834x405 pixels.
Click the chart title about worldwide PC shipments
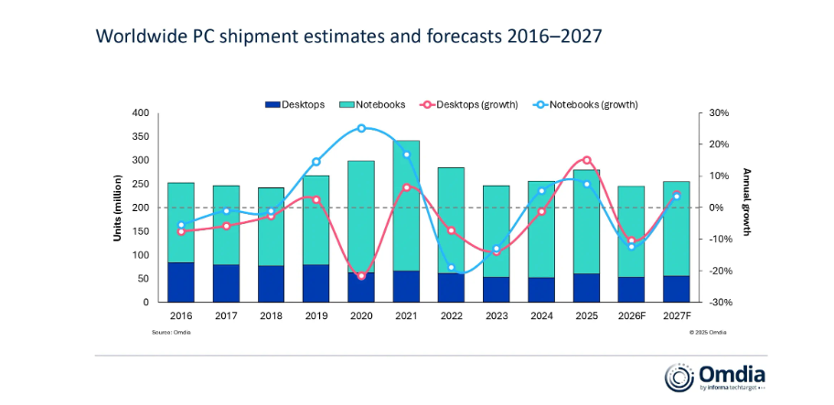(348, 37)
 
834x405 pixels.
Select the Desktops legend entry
(294, 104)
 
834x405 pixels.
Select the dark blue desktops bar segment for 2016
(181, 282)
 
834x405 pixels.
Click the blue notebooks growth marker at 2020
(361, 128)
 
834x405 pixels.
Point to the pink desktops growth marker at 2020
(361, 276)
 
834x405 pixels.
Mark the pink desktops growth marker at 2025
(586, 160)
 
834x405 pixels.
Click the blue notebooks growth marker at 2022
(451, 267)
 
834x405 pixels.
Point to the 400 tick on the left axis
(140, 113)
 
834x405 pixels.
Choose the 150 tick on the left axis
(140, 231)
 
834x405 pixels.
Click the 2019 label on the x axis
(315, 315)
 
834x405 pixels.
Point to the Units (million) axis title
(118, 208)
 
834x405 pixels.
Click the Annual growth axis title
(746, 202)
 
